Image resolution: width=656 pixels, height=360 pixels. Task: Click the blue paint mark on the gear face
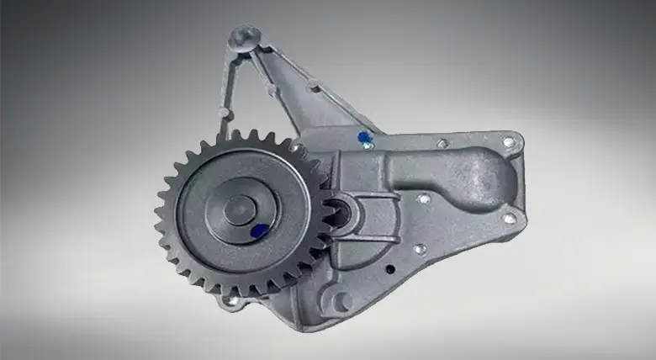[x=261, y=230]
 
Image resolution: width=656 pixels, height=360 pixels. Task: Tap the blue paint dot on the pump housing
[x=363, y=136]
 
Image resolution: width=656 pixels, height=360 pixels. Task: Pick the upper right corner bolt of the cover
[x=508, y=142]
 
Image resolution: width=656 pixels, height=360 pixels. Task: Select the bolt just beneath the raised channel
[x=424, y=199]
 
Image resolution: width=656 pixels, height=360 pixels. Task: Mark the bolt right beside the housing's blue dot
[x=368, y=146]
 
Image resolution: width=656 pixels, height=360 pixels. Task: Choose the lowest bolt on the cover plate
[x=418, y=249]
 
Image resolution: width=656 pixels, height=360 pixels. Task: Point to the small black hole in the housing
[x=389, y=270]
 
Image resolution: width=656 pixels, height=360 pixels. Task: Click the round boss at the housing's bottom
[x=341, y=301]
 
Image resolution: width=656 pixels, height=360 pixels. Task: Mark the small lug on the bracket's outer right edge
[x=313, y=85]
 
